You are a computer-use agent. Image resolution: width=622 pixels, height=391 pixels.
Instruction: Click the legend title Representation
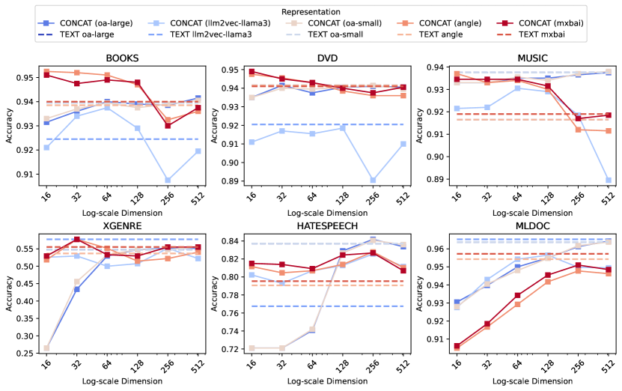[x=311, y=10]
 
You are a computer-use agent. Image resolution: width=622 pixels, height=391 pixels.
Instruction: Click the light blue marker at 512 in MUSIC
[x=609, y=180]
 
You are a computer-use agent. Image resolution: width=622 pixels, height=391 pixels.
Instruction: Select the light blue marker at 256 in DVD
[x=373, y=181]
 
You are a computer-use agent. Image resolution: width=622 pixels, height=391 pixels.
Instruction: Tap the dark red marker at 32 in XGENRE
[x=76, y=240]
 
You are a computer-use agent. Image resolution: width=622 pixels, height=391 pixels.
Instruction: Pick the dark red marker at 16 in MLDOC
[x=457, y=346]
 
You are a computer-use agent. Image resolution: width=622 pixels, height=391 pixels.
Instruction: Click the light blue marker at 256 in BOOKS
[x=168, y=180]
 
